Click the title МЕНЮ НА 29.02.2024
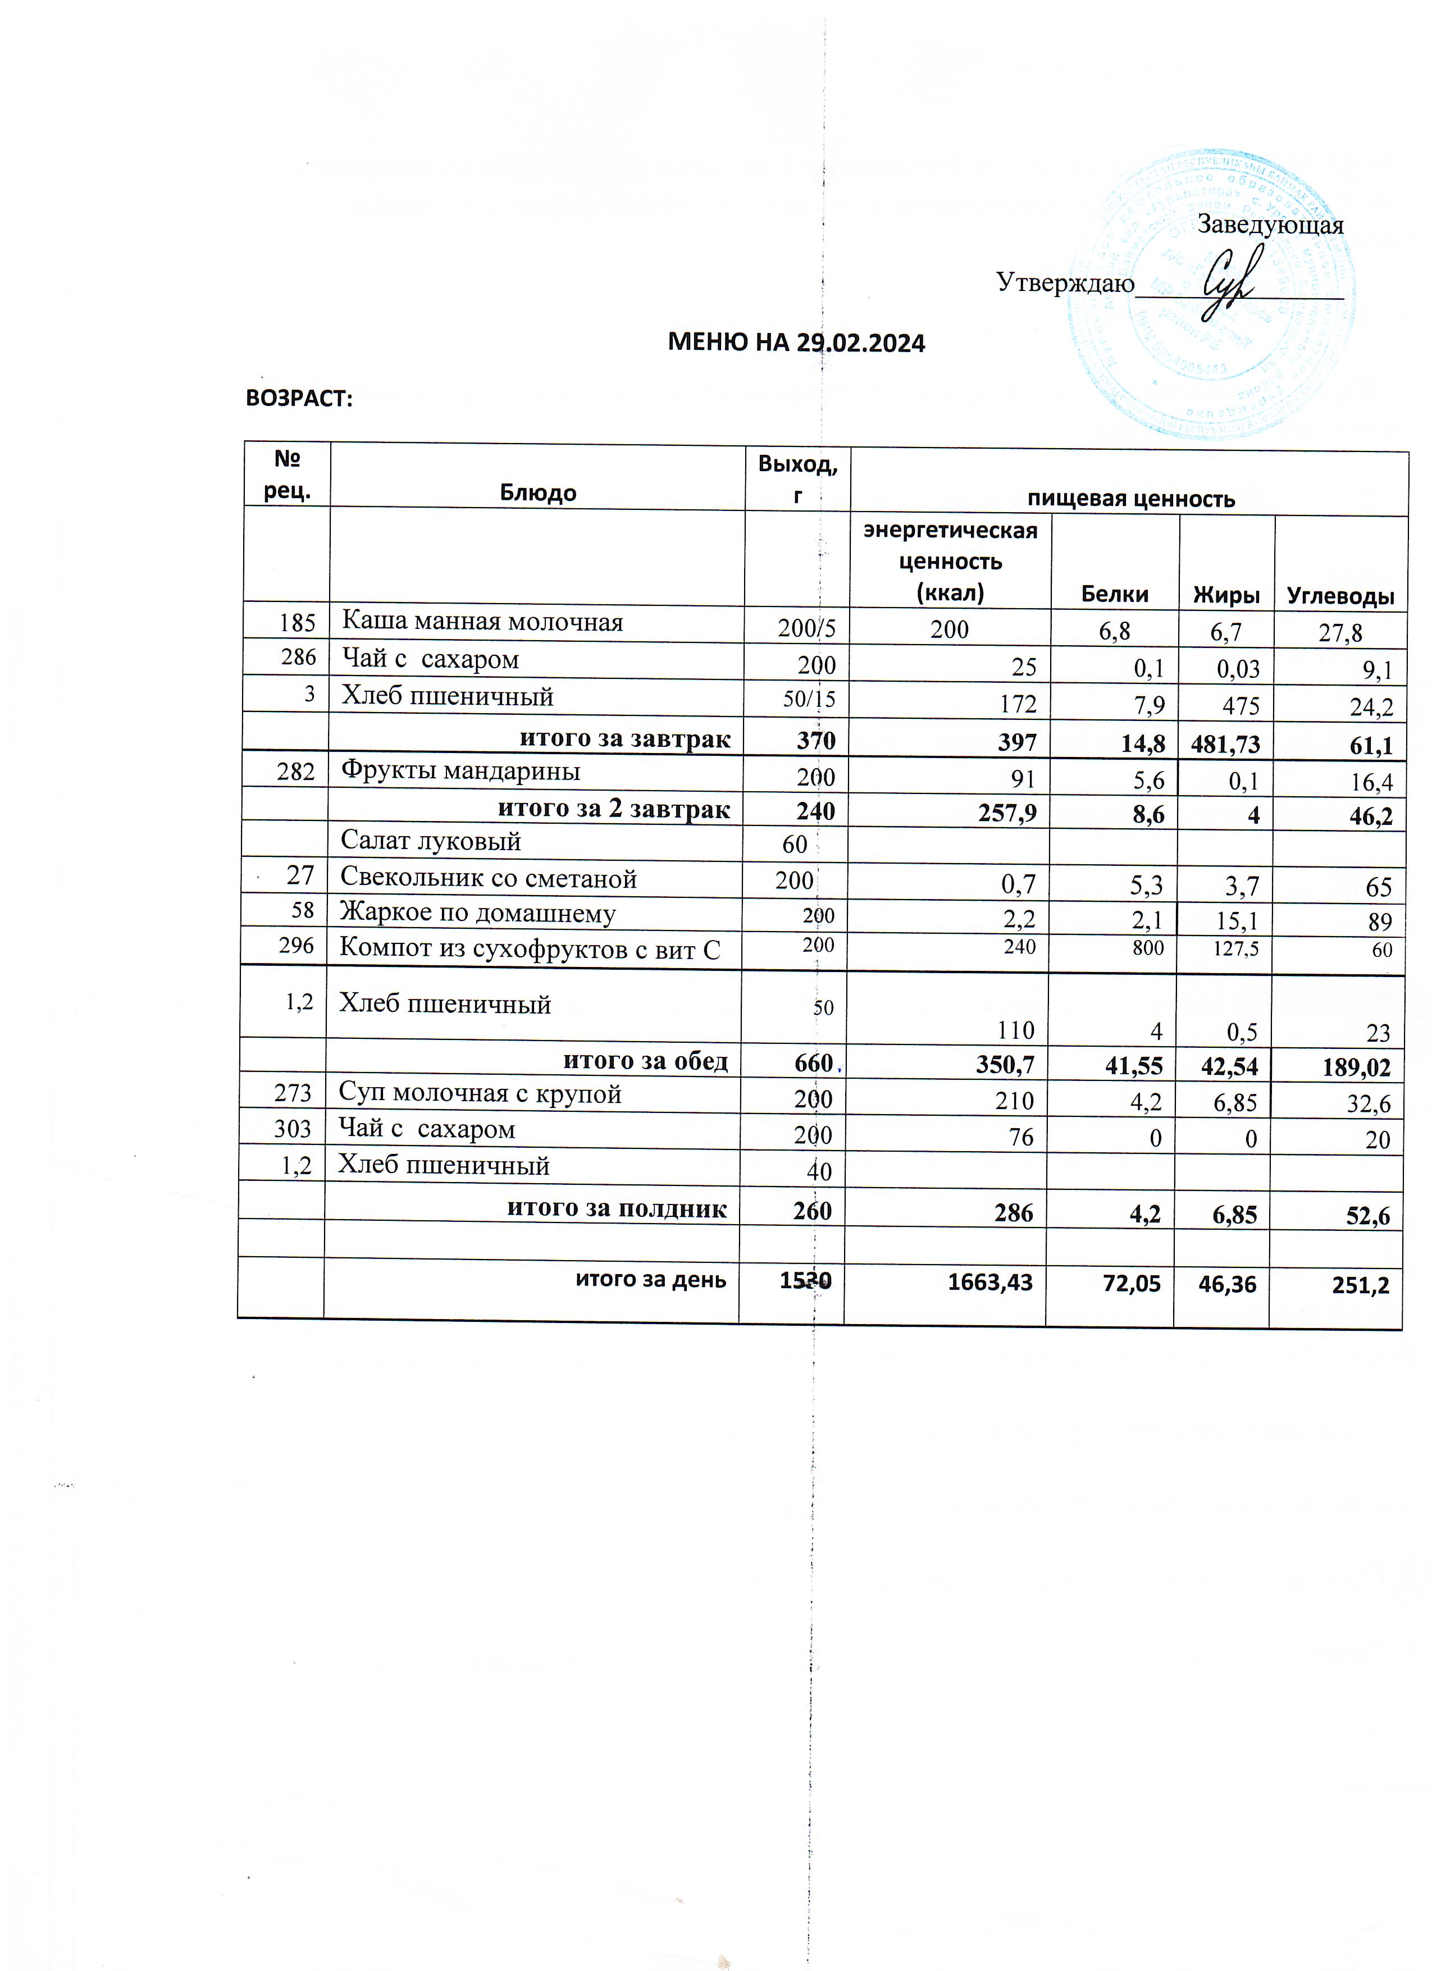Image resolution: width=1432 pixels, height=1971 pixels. (x=796, y=343)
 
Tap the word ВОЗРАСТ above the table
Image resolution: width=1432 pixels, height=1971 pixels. (x=299, y=398)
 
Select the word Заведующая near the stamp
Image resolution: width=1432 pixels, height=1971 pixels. (x=1270, y=225)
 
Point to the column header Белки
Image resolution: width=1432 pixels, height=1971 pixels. (x=1114, y=595)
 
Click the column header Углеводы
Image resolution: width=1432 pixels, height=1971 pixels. (x=1340, y=596)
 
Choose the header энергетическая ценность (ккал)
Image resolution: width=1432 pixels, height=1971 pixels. (x=950, y=562)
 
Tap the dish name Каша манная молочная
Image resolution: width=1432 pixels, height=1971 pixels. (x=482, y=622)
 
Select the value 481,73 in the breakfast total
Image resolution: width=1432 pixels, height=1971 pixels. (x=1225, y=743)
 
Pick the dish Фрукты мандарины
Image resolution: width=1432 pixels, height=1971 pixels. (x=460, y=771)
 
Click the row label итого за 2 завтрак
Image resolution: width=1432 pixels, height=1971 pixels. (x=613, y=809)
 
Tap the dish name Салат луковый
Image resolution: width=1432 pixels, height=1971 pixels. (x=430, y=841)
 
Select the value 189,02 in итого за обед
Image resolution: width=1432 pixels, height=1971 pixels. (x=1356, y=1067)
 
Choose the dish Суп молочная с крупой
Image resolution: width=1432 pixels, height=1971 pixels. (x=480, y=1093)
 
